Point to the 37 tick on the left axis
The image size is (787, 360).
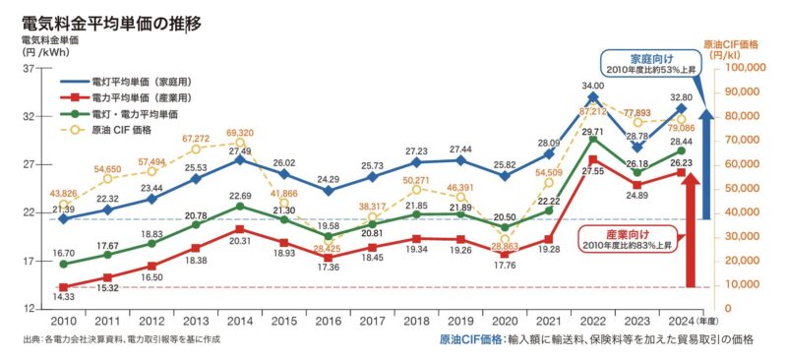pyautogui.click(x=29, y=68)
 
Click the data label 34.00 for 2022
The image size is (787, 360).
pyautogui.click(x=593, y=87)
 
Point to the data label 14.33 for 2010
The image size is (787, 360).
pyautogui.click(x=64, y=297)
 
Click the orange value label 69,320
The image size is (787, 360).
pyautogui.click(x=241, y=132)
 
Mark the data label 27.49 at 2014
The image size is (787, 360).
pyautogui.click(x=241, y=150)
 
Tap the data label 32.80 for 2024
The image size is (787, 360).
pyautogui.click(x=681, y=97)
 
